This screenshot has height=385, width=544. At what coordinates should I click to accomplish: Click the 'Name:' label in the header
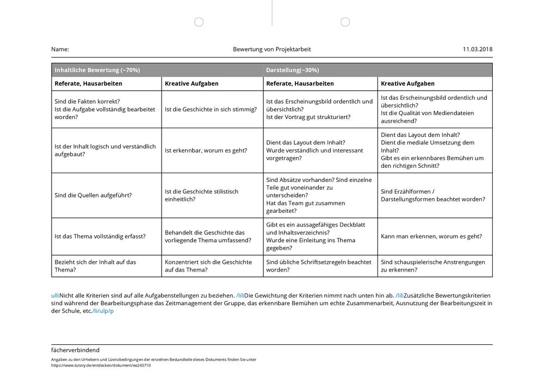(60, 49)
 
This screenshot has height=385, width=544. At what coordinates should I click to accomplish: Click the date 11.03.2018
(477, 49)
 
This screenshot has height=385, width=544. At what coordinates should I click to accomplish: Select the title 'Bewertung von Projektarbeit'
(272, 49)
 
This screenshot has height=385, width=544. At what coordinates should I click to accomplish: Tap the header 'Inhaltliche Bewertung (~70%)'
(97, 70)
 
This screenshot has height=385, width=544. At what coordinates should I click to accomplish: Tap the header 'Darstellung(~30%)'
(293, 70)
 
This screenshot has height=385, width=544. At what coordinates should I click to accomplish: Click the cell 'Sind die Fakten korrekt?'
(88, 102)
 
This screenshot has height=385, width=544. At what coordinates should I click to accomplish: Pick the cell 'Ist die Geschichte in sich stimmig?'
(211, 109)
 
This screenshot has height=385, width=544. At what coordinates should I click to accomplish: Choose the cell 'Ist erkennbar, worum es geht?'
(206, 150)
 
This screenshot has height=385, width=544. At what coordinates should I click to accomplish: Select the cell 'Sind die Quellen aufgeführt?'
(93, 195)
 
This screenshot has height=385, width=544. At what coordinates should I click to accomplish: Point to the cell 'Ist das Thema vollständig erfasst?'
(100, 236)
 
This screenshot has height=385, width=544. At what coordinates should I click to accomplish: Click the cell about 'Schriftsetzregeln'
(319, 266)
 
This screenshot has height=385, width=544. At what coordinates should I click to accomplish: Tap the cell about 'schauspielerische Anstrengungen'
(433, 266)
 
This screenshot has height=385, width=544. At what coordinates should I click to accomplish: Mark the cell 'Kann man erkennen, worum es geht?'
(431, 236)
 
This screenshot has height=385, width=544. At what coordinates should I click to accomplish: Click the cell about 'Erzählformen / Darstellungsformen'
(433, 195)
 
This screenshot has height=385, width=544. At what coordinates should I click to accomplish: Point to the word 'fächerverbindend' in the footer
(75, 350)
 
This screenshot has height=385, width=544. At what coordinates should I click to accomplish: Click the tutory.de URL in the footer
(101, 365)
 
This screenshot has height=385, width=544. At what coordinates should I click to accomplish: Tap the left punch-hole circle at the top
(199, 22)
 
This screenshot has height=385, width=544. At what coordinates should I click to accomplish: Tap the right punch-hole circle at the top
(345, 22)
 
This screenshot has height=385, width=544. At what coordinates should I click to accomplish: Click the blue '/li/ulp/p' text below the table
(103, 311)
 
